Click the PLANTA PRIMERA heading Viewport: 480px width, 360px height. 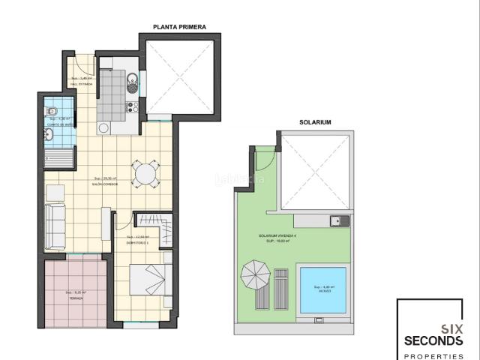[x=179, y=27]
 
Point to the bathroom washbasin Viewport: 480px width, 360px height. [x=49, y=134]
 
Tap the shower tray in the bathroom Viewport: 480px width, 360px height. [x=58, y=158]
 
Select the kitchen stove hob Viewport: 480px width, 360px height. [x=131, y=106]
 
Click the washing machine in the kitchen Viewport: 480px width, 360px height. [x=103, y=128]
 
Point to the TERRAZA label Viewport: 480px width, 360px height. [x=76, y=297]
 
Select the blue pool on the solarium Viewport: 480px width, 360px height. [x=323, y=289]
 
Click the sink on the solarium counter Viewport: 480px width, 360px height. [x=337, y=220]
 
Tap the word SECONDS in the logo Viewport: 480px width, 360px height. [x=433, y=340]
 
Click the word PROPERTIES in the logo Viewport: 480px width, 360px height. [x=433, y=354]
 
